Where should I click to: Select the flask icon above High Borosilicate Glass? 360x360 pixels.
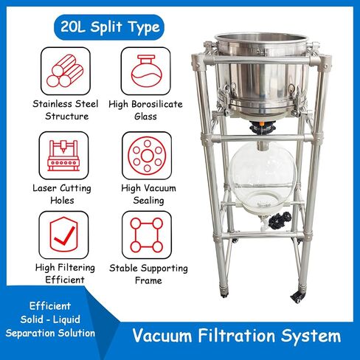click(x=144, y=72)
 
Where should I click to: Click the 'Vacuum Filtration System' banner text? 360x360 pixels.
click(x=237, y=336)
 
